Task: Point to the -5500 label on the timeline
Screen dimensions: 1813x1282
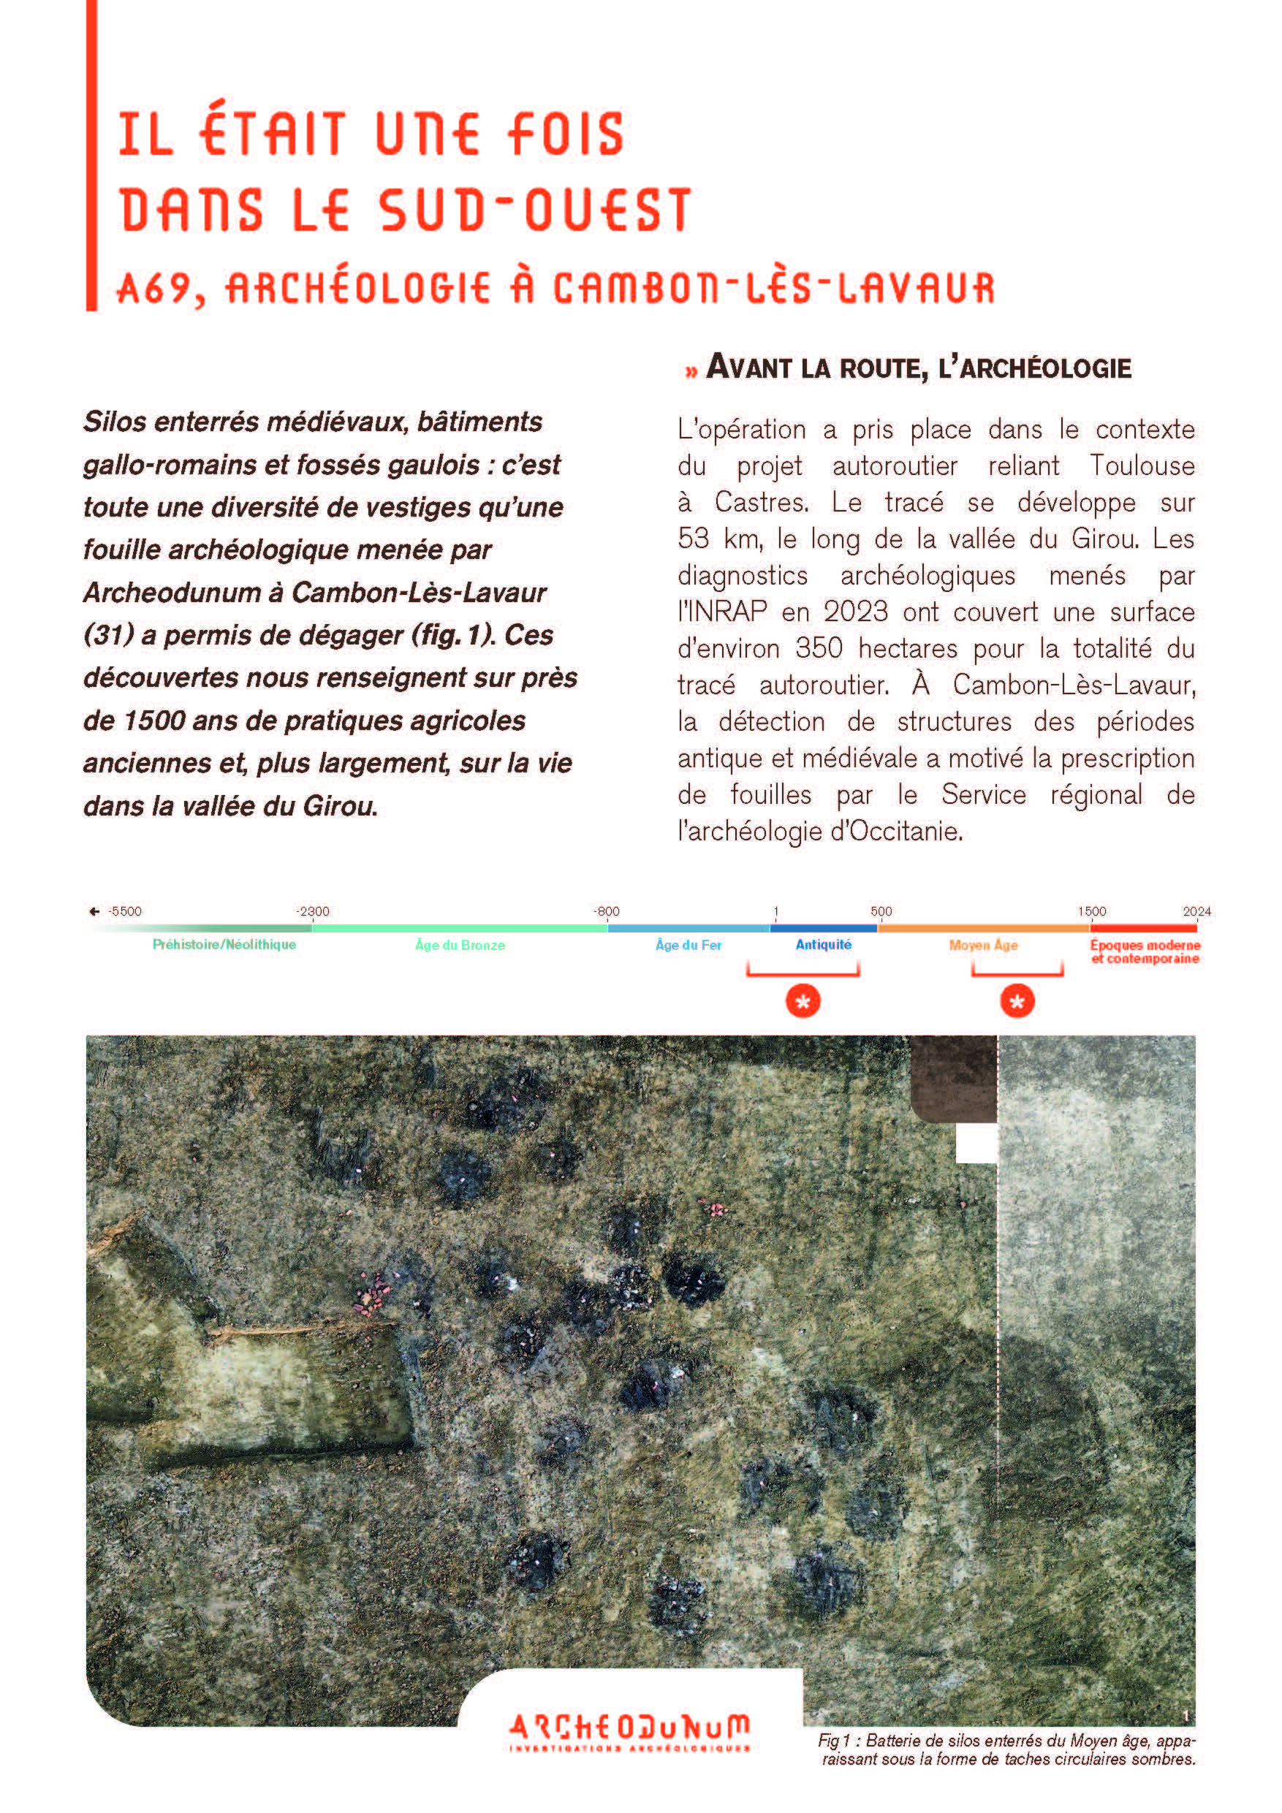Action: (x=125, y=911)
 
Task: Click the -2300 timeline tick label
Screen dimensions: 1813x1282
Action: (x=313, y=911)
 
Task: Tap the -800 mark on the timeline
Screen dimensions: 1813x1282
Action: (x=607, y=911)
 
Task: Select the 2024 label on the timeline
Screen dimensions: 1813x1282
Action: (x=1196, y=911)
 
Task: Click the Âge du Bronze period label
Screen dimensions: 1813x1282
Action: (x=460, y=945)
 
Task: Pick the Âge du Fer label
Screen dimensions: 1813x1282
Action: (x=688, y=945)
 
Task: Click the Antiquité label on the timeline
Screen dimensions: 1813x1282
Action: (x=823, y=944)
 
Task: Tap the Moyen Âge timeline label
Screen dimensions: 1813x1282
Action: (x=982, y=945)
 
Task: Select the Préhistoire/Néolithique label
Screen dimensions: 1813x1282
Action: (x=224, y=944)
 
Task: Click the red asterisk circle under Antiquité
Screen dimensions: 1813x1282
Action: (x=803, y=1002)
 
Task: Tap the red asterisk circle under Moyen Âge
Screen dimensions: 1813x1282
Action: (x=1017, y=1002)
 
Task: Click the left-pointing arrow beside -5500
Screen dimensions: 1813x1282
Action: (x=95, y=911)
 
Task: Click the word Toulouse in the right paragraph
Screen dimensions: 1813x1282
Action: (x=1142, y=466)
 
